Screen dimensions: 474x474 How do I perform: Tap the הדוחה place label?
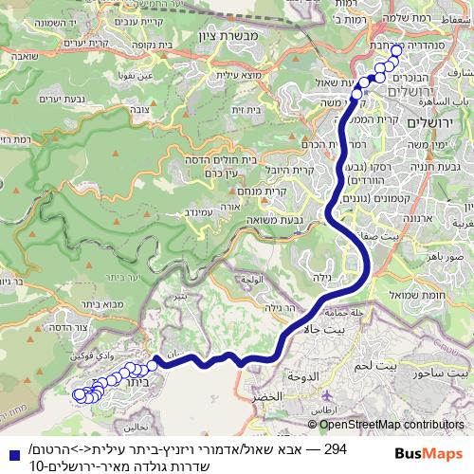302,375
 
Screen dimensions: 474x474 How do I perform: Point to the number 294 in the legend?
335,447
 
